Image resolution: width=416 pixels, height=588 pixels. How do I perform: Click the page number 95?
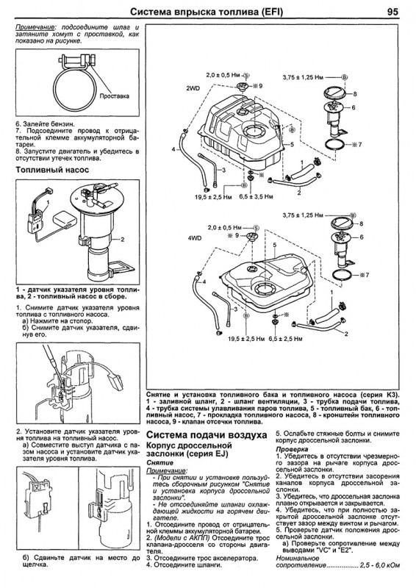[x=392, y=12]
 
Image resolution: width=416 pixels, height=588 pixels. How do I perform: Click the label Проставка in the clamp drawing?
[x=115, y=96]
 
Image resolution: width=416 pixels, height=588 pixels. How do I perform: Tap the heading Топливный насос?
[x=52, y=170]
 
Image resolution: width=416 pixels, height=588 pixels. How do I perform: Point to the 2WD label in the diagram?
[x=192, y=88]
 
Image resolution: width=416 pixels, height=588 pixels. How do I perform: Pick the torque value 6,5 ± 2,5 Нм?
[x=285, y=339]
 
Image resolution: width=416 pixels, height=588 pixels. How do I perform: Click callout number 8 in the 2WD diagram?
[x=354, y=94]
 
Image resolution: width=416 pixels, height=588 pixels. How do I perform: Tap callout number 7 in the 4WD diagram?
[x=367, y=275]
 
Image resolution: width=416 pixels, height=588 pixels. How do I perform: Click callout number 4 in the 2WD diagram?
[x=173, y=149]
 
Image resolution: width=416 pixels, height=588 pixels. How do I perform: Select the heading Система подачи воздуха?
[x=207, y=434]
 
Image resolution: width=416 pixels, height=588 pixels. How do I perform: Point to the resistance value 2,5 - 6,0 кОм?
[x=379, y=564]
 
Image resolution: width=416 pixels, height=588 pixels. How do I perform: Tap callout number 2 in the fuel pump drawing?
[x=122, y=240]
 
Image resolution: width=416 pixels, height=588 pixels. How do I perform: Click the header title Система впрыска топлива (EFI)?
[x=207, y=12]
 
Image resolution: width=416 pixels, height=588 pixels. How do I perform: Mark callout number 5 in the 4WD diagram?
[x=275, y=245]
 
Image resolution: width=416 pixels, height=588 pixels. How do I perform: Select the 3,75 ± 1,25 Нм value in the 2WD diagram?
[x=303, y=77]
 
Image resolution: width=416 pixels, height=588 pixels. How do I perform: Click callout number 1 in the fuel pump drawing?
[x=48, y=202]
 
